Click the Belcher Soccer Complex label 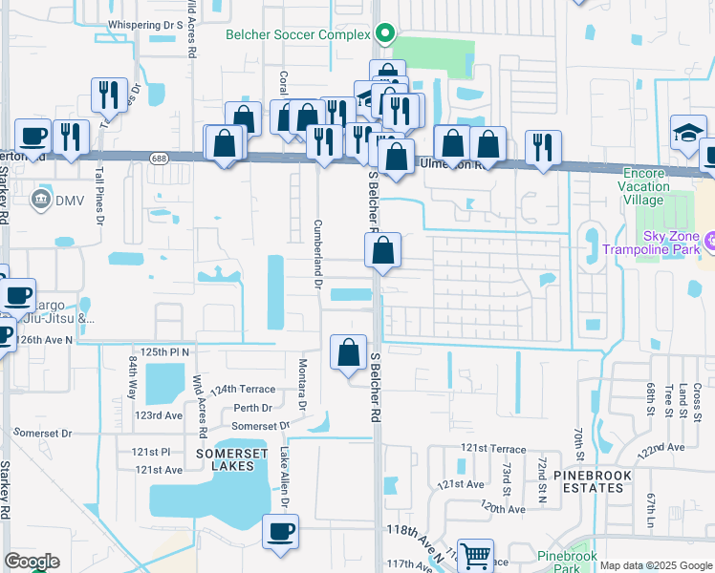(x=297, y=34)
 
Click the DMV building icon (x=42, y=199)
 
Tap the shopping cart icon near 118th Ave (x=475, y=555)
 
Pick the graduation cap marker (x=688, y=133)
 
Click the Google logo (x=32, y=562)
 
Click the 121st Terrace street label (x=493, y=449)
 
